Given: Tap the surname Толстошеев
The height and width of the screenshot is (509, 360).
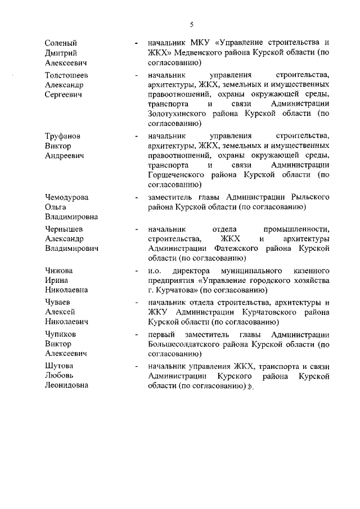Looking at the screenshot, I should (66, 75).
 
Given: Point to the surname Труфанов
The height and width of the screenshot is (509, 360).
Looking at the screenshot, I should (62, 136).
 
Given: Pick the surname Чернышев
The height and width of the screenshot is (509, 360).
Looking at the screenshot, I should (65, 229).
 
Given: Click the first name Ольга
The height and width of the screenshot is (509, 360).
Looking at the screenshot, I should (56, 207).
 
